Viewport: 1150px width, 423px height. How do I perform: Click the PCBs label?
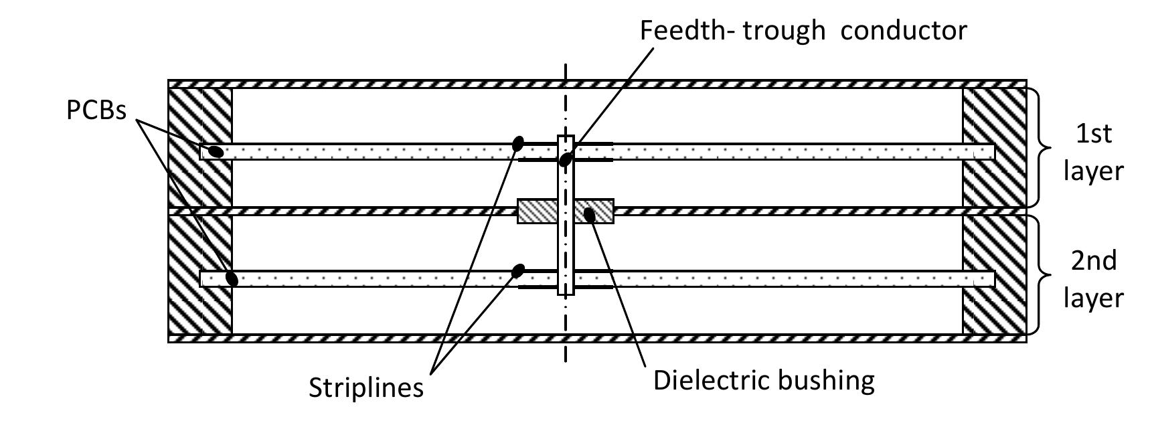click(x=96, y=110)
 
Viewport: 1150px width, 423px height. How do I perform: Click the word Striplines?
click(x=366, y=388)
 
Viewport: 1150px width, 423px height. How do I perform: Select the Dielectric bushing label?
click(x=764, y=380)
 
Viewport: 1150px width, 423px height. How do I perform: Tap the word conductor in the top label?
click(x=904, y=31)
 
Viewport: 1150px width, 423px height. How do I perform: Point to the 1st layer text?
click(x=1093, y=152)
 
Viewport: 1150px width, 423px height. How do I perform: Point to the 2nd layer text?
click(x=1093, y=278)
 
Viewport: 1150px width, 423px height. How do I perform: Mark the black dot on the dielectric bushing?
click(x=589, y=215)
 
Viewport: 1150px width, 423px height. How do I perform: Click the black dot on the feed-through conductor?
click(x=566, y=159)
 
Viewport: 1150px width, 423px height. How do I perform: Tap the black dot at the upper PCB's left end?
click(x=215, y=151)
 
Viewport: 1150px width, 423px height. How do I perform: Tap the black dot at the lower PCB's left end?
click(x=232, y=278)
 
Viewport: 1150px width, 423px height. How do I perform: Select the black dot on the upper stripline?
click(x=517, y=143)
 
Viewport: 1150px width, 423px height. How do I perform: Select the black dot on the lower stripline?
click(x=517, y=270)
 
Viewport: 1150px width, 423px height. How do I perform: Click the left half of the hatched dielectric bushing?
click(x=538, y=211)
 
